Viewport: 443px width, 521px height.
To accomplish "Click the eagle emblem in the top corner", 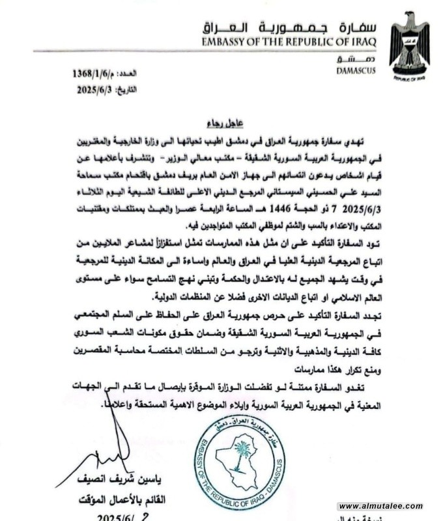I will click(409, 42).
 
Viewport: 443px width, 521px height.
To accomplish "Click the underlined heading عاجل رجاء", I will click(223, 121).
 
